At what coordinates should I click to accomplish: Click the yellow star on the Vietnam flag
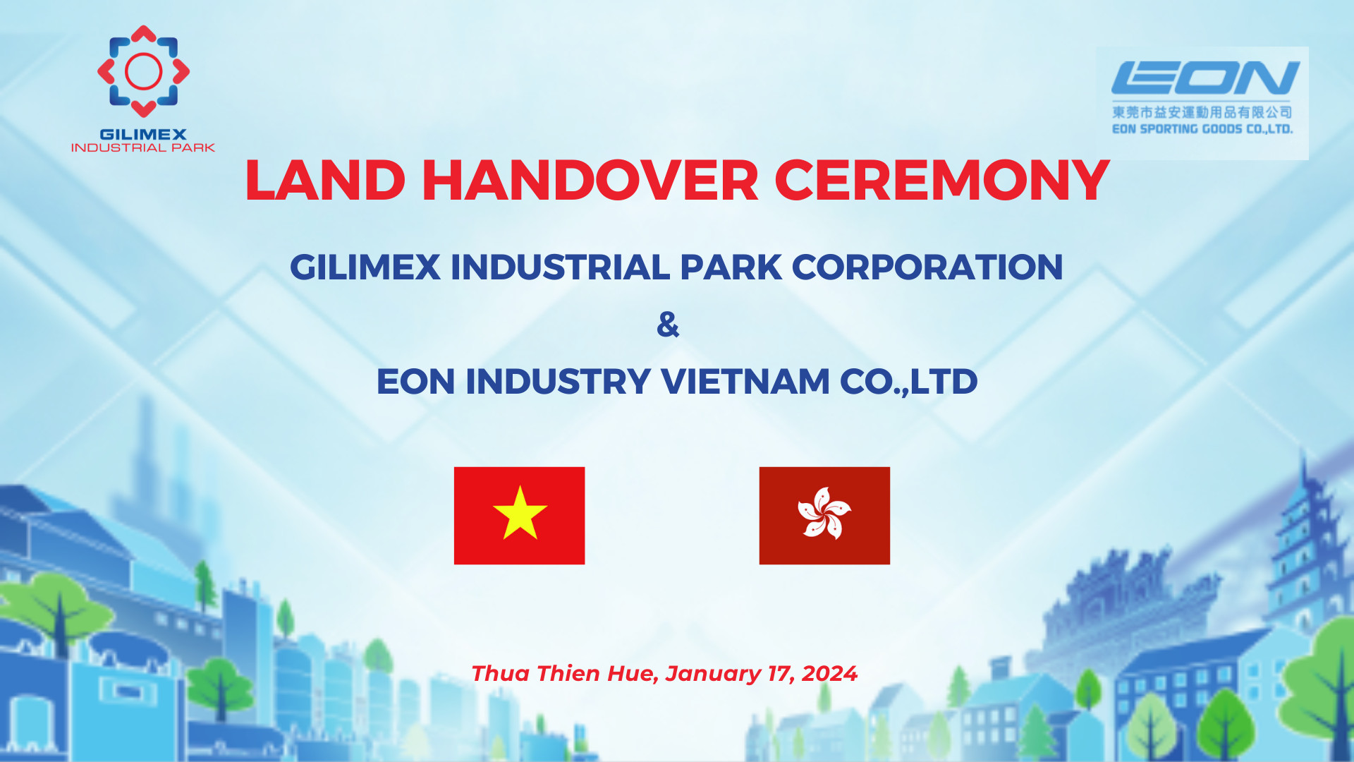(520, 514)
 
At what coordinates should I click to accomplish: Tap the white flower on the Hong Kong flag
(824, 514)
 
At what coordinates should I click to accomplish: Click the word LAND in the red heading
(325, 181)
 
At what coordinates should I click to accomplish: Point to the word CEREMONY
(942, 181)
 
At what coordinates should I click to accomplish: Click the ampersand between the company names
(668, 325)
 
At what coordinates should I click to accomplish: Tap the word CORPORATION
(927, 267)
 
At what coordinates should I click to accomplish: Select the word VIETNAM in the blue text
(745, 382)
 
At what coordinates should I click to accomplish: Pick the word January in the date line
(713, 674)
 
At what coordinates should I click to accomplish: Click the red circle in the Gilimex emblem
(143, 71)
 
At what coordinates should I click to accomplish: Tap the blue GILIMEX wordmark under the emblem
(143, 134)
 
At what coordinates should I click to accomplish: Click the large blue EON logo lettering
(1205, 78)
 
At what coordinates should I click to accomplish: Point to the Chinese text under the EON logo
(1202, 112)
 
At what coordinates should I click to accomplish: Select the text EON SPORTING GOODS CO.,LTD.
(1202, 129)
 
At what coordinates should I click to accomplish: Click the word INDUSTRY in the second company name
(558, 382)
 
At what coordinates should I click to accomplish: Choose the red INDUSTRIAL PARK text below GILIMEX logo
(143, 147)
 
